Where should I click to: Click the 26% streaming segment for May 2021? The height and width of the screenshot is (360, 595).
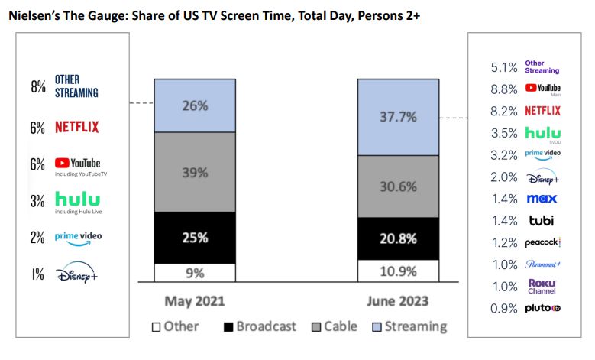(x=195, y=105)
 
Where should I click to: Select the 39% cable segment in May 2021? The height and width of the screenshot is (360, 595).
(x=195, y=172)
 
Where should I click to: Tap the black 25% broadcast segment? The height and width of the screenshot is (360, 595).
(x=195, y=238)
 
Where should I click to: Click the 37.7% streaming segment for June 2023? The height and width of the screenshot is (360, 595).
(x=398, y=117)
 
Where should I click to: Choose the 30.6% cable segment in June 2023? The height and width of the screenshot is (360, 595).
(x=398, y=186)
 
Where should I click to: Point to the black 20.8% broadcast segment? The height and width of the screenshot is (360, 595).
(x=398, y=238)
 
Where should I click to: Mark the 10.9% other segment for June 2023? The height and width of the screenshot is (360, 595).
(x=398, y=271)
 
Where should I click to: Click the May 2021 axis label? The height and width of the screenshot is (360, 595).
(x=194, y=300)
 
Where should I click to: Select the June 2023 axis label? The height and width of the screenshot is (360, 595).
(x=399, y=300)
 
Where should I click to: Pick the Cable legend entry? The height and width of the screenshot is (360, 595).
(x=334, y=326)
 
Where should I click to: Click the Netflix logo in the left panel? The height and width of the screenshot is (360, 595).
(x=76, y=127)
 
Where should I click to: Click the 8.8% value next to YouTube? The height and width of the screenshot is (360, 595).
(x=505, y=89)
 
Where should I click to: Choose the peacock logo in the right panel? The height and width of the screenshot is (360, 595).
(x=542, y=242)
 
